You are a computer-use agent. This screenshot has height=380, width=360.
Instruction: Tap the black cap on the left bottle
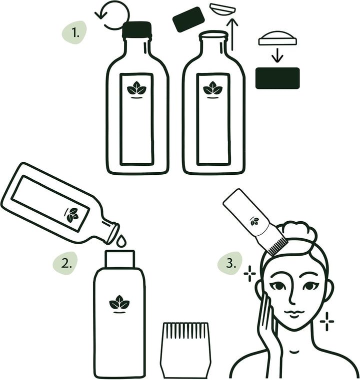tap(136, 30)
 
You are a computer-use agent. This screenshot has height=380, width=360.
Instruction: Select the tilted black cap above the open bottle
tap(188, 19)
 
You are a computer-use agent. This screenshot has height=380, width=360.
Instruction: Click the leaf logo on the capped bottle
tap(136, 89)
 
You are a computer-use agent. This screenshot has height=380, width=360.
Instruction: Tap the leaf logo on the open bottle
tap(213, 89)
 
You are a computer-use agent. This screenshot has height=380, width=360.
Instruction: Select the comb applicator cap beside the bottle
tap(185, 350)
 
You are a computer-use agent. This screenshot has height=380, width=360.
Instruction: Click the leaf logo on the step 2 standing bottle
tap(119, 303)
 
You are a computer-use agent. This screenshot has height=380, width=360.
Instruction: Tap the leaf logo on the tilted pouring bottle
tap(73, 215)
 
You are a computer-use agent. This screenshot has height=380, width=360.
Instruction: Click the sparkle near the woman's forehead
tap(249, 274)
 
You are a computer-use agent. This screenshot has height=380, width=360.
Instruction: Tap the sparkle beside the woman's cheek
tap(327, 321)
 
